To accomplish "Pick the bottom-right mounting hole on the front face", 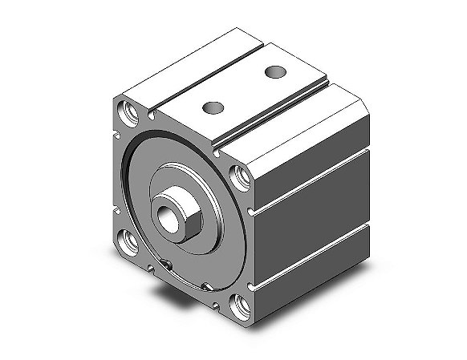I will (x=241, y=305).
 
